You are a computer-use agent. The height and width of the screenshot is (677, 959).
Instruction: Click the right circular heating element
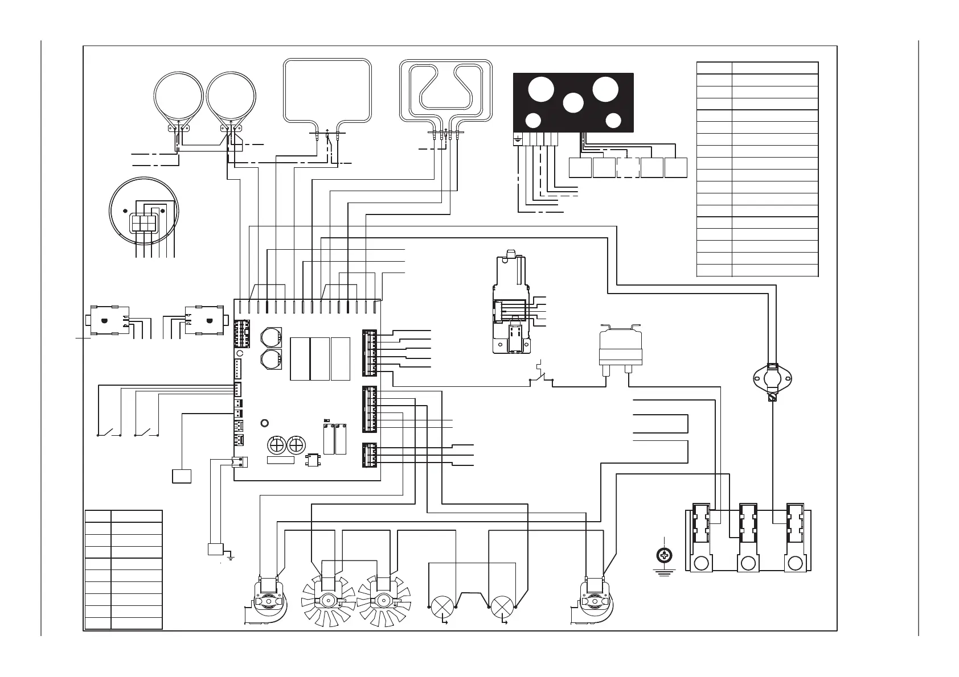[230, 98]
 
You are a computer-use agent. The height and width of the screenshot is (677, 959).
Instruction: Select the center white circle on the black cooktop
[573, 103]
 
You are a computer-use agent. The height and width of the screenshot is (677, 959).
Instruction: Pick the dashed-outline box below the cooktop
[628, 168]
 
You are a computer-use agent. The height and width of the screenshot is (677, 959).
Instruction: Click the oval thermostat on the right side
[773, 377]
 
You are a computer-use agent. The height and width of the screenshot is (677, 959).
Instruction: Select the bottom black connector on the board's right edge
[369, 455]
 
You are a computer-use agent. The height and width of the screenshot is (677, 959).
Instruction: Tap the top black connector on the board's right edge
[369, 353]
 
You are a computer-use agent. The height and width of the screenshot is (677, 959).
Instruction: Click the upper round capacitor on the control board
[271, 337]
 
